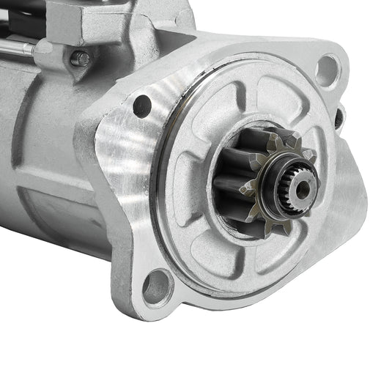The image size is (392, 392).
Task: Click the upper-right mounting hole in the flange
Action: coord(327,70)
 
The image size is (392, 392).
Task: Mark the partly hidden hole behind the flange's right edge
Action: coord(339,116)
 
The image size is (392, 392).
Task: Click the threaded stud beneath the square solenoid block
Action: coord(81,58)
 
